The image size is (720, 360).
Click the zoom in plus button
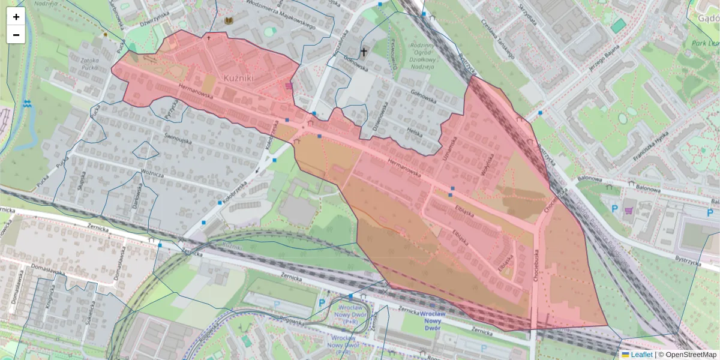pos(16,17)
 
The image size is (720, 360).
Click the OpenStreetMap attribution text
pos(687,355)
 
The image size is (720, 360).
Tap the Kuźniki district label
pos(239,78)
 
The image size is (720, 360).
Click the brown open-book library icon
pos(228,21)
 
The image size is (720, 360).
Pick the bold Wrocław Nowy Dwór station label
pos(436,321)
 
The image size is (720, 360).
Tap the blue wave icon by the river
pos(26,103)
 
